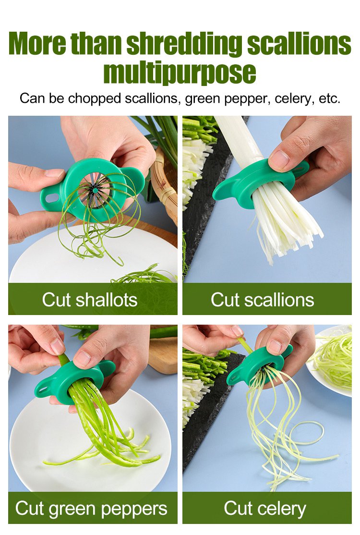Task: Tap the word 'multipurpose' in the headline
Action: (180, 72)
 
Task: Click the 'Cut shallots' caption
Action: (90, 300)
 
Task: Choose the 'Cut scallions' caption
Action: (262, 300)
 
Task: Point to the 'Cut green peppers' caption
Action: (91, 509)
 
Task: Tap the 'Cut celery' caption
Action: (265, 509)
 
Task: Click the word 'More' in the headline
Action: (37, 43)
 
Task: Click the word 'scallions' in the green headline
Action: (299, 43)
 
